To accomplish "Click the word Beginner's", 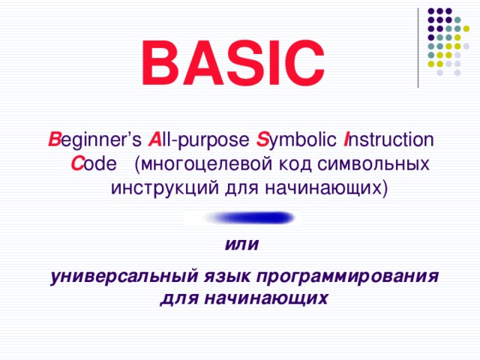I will coord(91,140).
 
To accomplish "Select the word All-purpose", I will coord(198,140).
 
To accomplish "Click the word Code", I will coord(90,163).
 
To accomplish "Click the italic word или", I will coord(240,246).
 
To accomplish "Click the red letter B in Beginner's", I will coord(53,140).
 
